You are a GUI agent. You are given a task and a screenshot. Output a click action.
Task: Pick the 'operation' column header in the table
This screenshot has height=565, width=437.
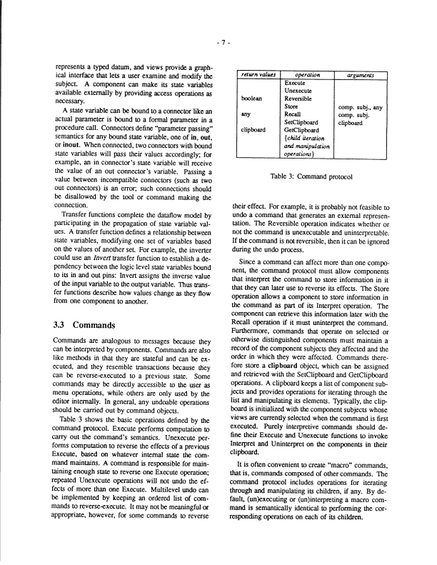coord(308,74)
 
